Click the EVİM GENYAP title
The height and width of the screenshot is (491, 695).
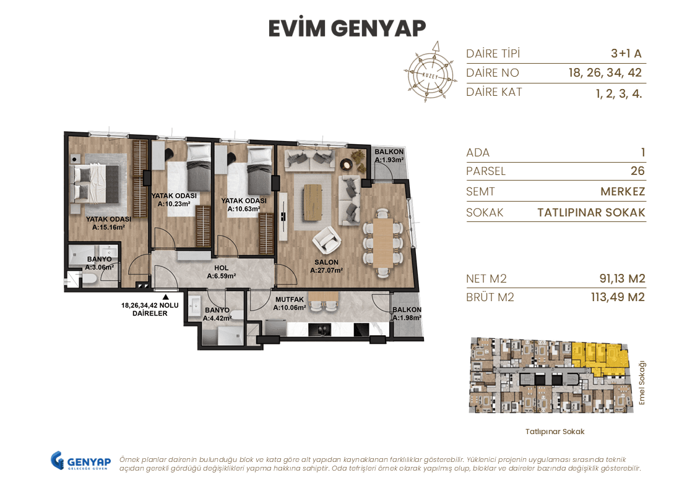[x=347, y=28]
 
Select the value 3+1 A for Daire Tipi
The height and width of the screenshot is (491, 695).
[x=626, y=53]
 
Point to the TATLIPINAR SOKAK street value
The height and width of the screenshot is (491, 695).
[x=591, y=213]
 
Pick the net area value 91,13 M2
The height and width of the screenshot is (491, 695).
[x=618, y=279]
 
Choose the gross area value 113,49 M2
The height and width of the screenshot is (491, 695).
[x=618, y=297]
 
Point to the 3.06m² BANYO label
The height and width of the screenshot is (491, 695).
[x=99, y=263]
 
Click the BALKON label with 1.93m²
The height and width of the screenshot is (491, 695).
[x=389, y=156]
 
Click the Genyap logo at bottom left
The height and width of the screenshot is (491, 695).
[x=80, y=461]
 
